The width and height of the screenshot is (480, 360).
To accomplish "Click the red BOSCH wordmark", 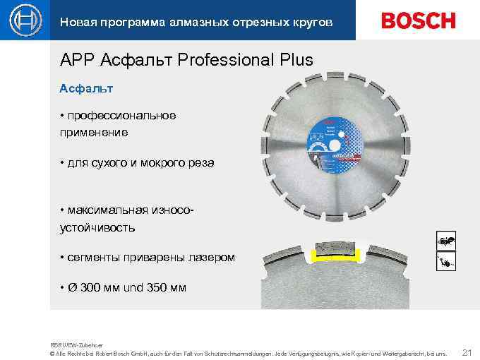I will [x=419, y=20].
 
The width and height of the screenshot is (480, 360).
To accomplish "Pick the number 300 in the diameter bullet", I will [x=91, y=288].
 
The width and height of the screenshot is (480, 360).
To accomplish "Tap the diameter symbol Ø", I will [x=72, y=288].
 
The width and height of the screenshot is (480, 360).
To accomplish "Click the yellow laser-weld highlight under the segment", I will [x=337, y=259].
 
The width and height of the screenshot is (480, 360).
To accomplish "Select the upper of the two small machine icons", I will [x=446, y=241].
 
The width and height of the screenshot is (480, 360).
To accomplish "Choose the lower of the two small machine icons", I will [x=446, y=263].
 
